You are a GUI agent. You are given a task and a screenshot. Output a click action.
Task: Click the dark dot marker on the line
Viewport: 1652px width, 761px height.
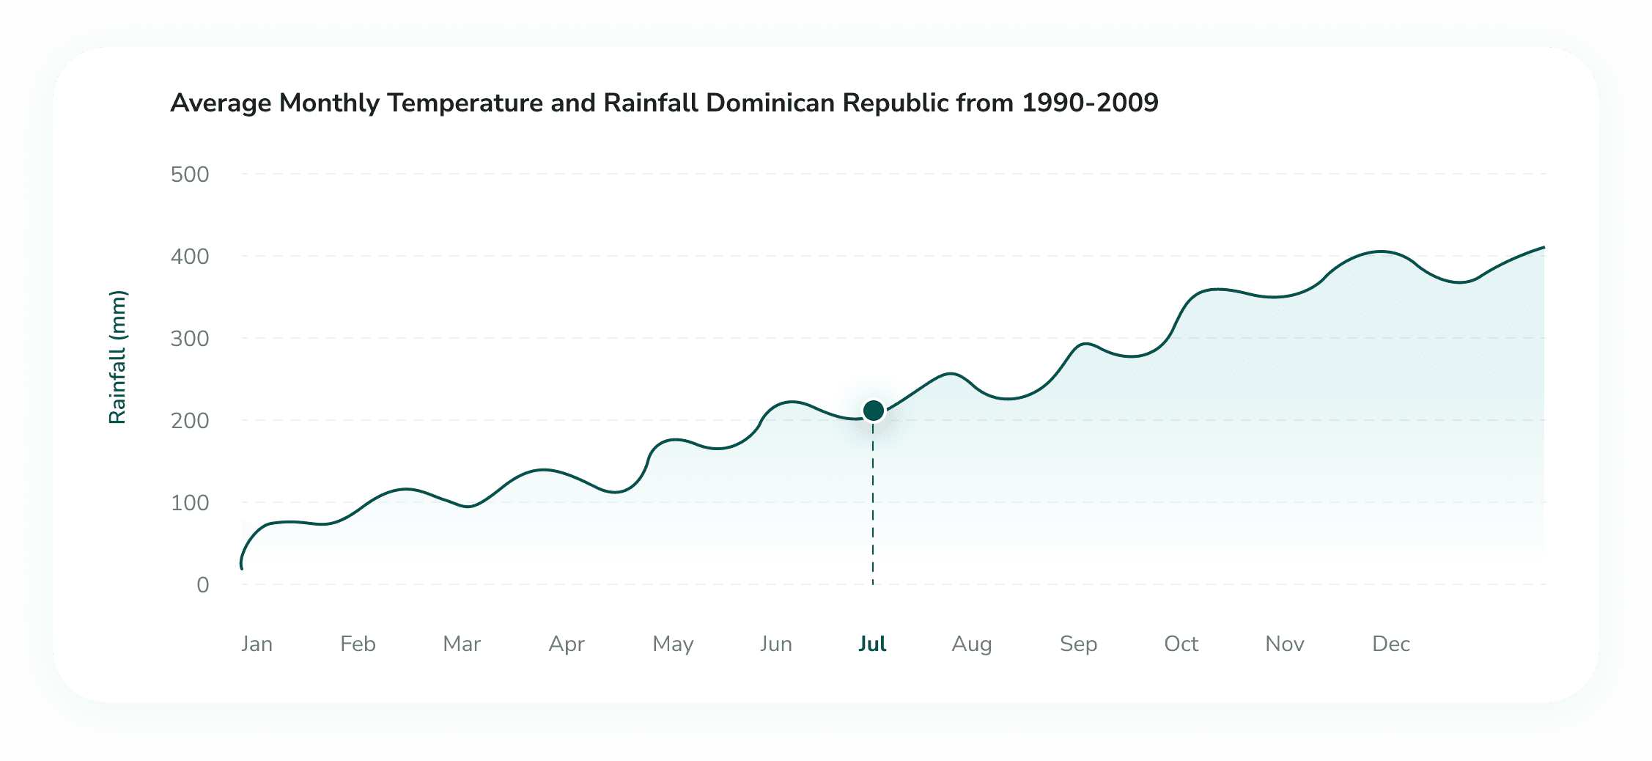[873, 411]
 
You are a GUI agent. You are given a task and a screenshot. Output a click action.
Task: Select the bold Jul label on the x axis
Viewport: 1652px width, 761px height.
[872, 644]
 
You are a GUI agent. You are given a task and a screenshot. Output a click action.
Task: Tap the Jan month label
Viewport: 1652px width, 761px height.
[257, 644]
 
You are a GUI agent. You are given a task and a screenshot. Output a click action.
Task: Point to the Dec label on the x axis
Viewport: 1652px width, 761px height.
[1390, 644]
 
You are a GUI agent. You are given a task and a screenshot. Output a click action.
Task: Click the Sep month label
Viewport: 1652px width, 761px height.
[1078, 644]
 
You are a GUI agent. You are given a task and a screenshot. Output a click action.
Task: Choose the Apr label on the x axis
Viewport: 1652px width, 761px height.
[567, 644]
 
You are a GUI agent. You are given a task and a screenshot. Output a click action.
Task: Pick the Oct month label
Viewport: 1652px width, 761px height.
[1181, 644]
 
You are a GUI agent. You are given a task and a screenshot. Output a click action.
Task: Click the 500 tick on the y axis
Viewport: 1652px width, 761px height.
[190, 174]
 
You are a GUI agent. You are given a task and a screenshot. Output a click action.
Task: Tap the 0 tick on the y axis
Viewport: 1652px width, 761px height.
[202, 585]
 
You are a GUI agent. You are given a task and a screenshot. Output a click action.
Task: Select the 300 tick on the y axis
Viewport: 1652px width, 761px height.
[190, 339]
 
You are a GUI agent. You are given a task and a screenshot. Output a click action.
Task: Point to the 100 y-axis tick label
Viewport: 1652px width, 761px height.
[190, 503]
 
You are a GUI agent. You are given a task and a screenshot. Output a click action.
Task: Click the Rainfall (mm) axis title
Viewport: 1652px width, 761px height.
[117, 357]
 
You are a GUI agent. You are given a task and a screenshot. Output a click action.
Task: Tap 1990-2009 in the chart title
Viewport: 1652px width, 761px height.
[1090, 103]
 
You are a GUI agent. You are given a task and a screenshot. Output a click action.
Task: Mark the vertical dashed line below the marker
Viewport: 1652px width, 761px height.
[873, 506]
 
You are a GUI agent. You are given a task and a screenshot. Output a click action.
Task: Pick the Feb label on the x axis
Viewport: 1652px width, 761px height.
[358, 644]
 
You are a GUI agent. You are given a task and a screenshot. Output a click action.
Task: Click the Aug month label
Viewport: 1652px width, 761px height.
[971, 644]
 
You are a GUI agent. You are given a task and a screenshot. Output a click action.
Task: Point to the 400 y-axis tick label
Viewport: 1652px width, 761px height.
[190, 257]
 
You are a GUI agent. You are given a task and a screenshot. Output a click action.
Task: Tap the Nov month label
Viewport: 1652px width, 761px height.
[1284, 644]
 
